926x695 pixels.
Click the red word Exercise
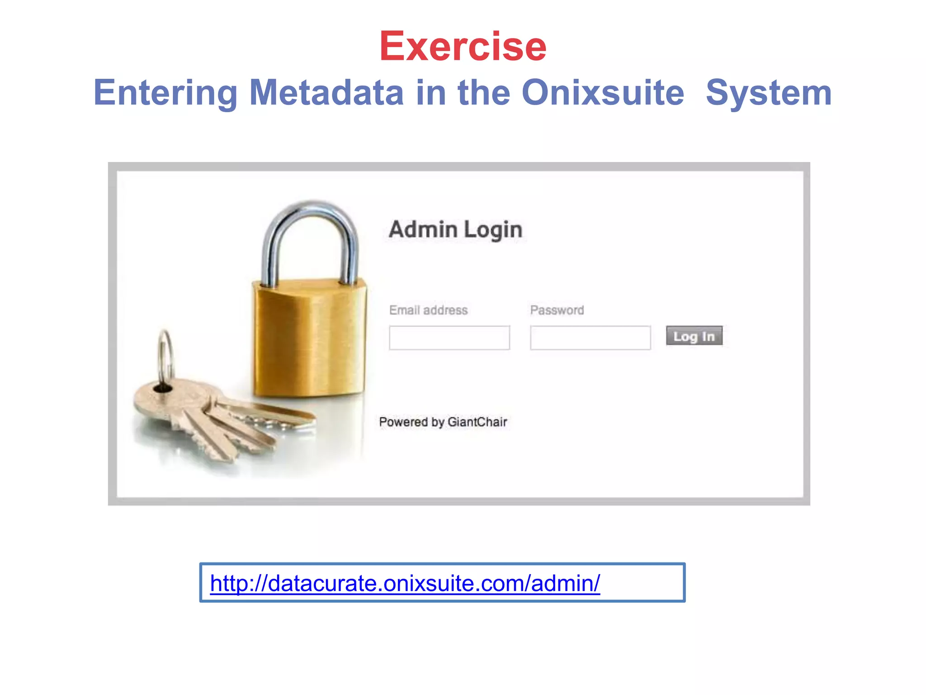tap(463, 46)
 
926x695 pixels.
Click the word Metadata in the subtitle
tap(326, 93)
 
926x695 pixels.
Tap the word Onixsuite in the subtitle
tap(603, 93)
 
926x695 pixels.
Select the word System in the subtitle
tap(769, 93)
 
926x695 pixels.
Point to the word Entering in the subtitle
tap(165, 93)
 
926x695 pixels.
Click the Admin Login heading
tap(455, 229)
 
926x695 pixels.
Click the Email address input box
tap(449, 338)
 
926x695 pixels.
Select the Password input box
tap(590, 338)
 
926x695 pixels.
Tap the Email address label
tap(428, 310)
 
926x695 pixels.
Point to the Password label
tap(557, 310)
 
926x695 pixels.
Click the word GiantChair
tap(477, 422)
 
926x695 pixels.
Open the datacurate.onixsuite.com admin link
tap(405, 583)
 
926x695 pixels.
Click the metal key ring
tap(165, 357)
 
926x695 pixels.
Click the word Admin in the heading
tap(423, 229)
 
